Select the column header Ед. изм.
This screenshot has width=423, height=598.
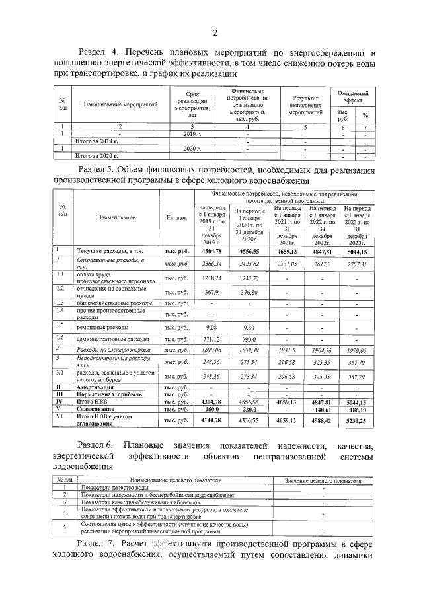(177, 217)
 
